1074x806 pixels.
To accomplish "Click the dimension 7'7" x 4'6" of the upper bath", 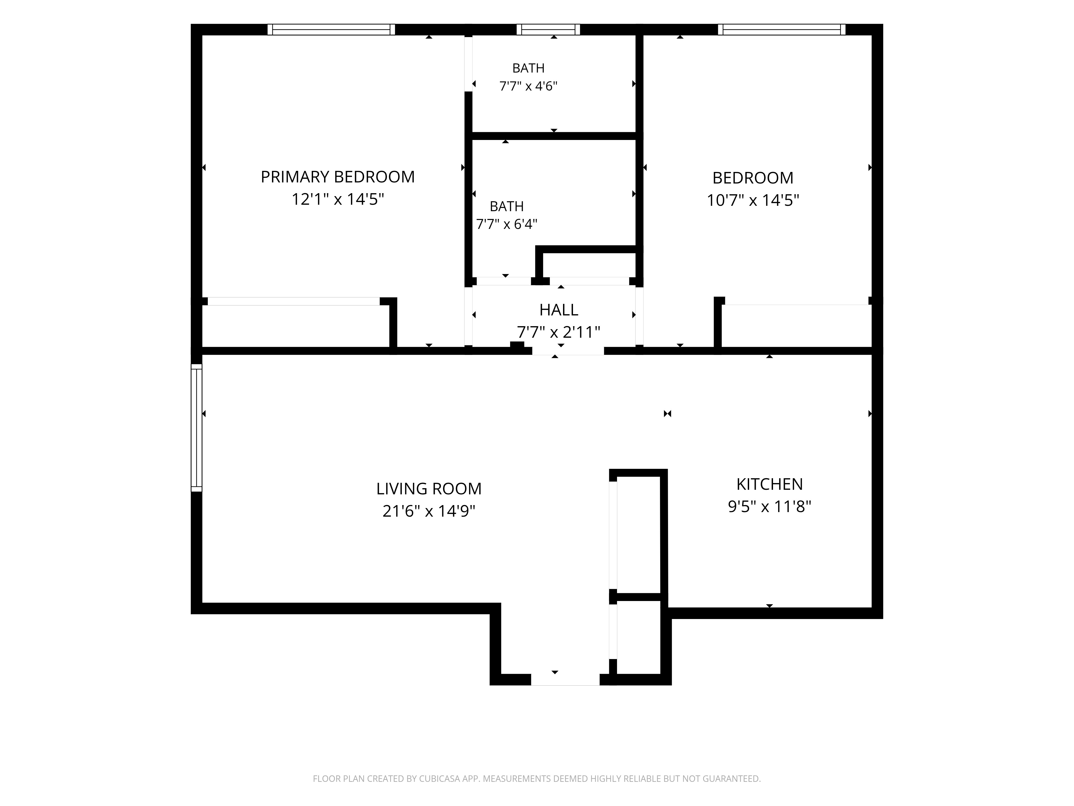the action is pos(528,86).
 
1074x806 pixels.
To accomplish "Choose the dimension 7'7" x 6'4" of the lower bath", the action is pos(506,224).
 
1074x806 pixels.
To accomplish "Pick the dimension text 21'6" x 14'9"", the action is pos(429,511).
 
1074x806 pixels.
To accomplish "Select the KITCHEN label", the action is pos(770,484).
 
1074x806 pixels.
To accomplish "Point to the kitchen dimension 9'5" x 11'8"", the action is pos(770,507).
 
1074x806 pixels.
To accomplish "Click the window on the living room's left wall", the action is pos(196,427).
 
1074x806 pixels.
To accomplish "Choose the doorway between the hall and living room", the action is pos(568,351).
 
